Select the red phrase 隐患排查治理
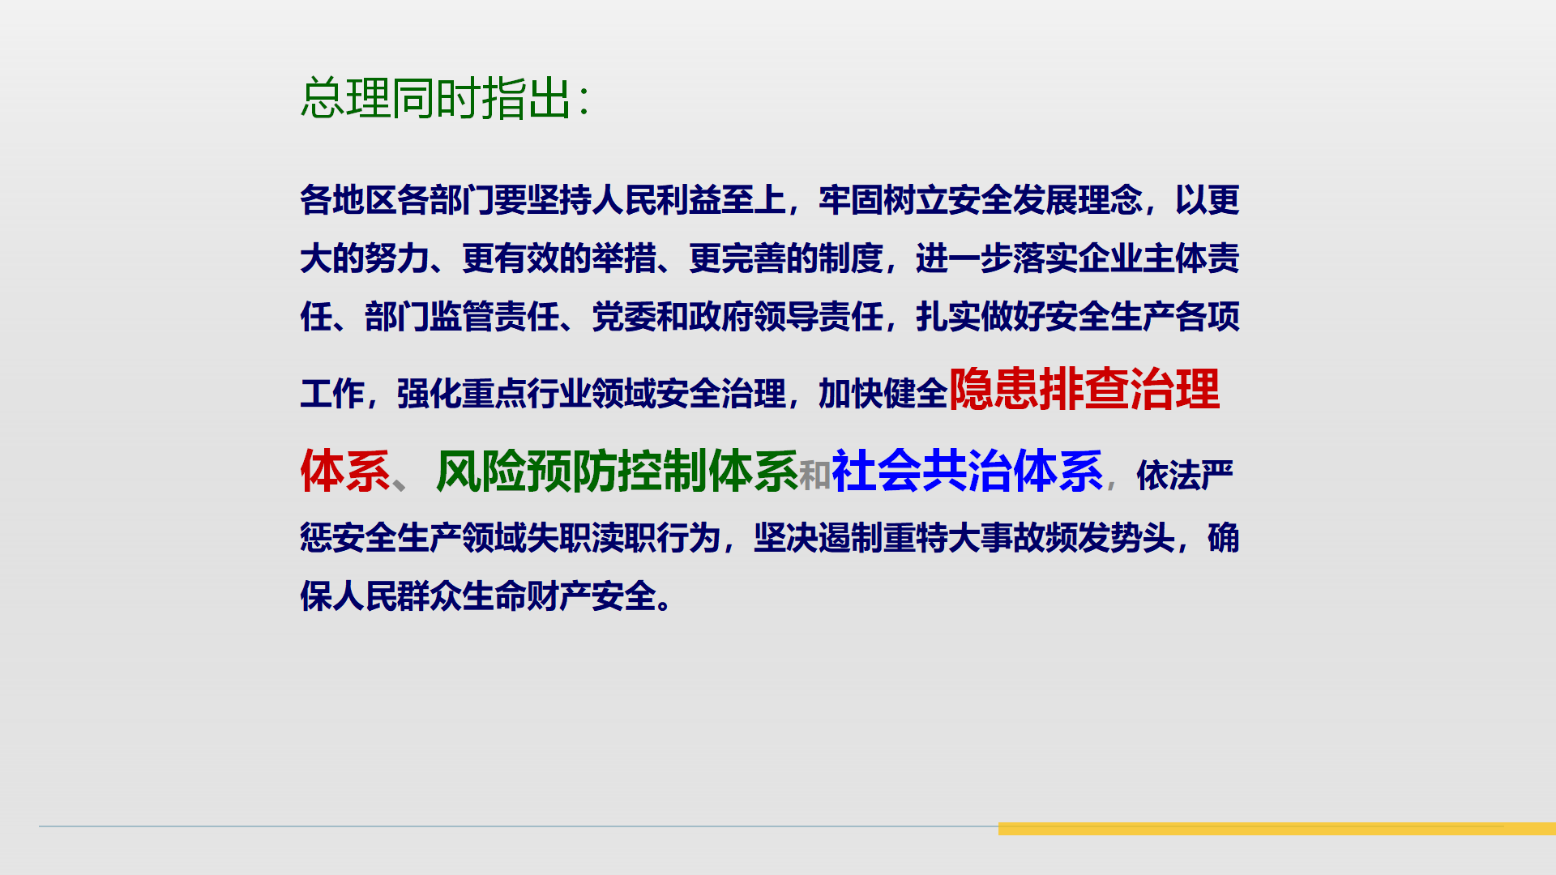tap(1084, 389)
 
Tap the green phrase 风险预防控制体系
tap(617, 471)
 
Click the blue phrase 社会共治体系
tap(967, 471)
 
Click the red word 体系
tap(345, 471)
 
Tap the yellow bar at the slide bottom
tap(1277, 829)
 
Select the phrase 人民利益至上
tap(689, 200)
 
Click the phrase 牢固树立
tap(883, 200)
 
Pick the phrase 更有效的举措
tap(559, 258)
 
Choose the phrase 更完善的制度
tap(786, 258)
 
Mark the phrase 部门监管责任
tap(462, 316)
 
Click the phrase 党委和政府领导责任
tap(737, 316)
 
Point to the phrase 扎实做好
tap(981, 316)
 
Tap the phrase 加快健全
tap(883, 394)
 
